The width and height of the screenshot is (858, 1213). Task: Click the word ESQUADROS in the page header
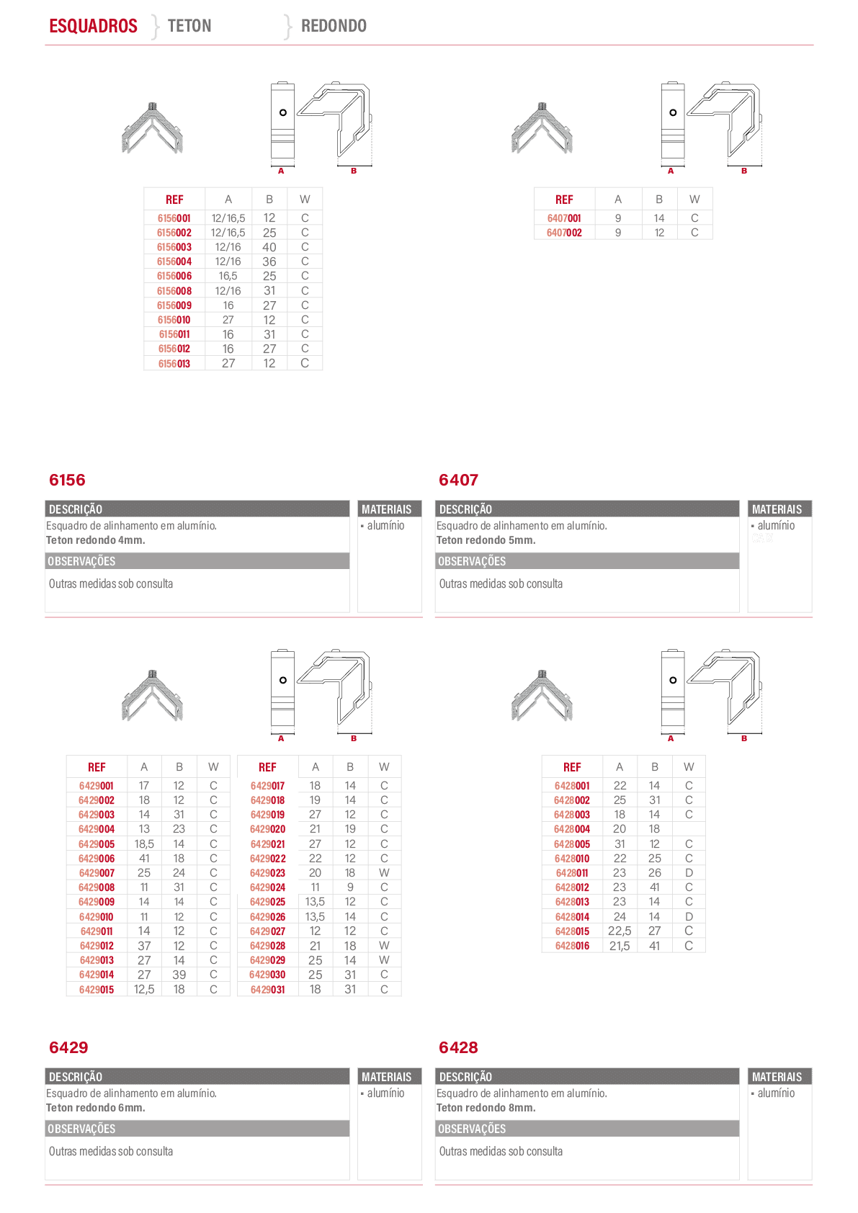[x=93, y=26]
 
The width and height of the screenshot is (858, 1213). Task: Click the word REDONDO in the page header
[x=334, y=26]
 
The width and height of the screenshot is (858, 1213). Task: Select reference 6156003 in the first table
[x=174, y=247]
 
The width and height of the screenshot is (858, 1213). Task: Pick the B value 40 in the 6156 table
[x=269, y=247]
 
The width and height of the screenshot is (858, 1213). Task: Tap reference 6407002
[x=564, y=233]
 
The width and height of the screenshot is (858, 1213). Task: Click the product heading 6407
[x=458, y=480]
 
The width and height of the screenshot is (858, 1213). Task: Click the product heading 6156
[x=67, y=480]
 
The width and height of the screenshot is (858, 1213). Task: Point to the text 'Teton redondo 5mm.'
[x=486, y=540]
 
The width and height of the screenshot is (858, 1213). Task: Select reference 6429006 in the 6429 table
[x=97, y=859]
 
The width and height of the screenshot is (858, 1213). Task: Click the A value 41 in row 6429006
[x=144, y=859]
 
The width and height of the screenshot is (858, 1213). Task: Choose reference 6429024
[x=267, y=887]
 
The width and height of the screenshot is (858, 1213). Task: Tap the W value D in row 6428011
[x=689, y=873]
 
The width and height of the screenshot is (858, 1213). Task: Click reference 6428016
[x=572, y=946]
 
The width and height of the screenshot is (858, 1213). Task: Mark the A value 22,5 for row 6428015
[x=620, y=931]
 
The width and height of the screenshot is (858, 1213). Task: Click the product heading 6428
[x=458, y=1047]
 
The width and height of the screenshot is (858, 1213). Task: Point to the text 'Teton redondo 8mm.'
[x=486, y=1107]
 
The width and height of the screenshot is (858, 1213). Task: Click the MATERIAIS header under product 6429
[x=386, y=1077]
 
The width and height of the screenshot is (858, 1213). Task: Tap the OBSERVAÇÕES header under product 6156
[x=81, y=561]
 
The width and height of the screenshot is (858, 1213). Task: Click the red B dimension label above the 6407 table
[x=744, y=171]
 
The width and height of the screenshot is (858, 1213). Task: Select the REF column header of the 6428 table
[x=572, y=767]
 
